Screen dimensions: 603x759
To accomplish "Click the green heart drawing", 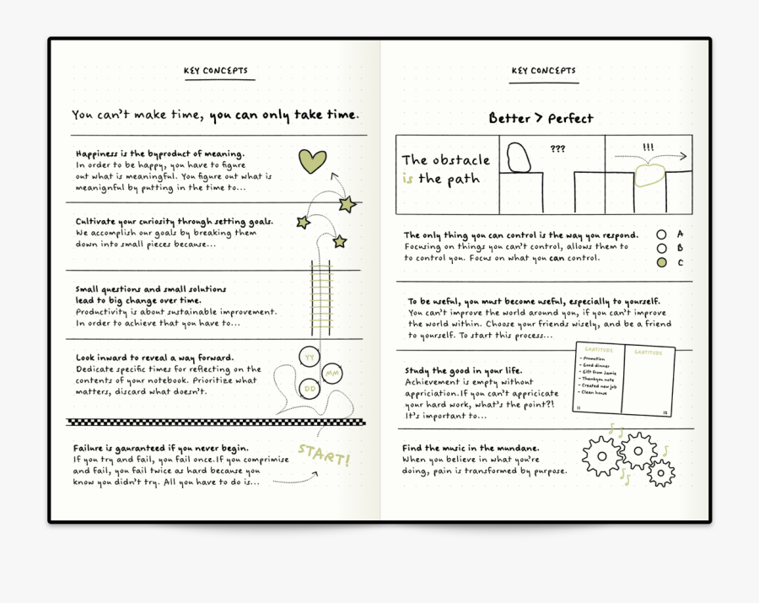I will [x=312, y=160].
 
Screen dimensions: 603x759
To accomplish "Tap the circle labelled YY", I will [x=310, y=358].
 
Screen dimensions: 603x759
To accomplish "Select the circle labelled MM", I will [x=332, y=373].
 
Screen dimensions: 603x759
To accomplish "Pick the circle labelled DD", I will [x=310, y=389].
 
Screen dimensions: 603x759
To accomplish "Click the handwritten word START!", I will [x=324, y=455].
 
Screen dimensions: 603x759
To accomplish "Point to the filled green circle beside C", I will [x=662, y=263].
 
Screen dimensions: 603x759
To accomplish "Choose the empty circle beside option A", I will [x=662, y=234].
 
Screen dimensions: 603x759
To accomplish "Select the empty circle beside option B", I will [x=662, y=249].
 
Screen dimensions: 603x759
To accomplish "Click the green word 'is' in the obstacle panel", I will [x=408, y=179].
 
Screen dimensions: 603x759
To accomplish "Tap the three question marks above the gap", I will [x=557, y=149].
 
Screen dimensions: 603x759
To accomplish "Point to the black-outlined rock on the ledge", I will [x=519, y=158].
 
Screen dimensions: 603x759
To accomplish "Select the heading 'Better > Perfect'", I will [x=541, y=119].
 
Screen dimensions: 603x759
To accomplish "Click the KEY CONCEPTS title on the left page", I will [x=216, y=72].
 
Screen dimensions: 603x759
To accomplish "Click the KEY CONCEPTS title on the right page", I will [x=543, y=72].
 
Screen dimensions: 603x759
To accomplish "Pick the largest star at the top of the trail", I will [x=347, y=204].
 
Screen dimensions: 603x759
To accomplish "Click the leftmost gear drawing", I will [x=601, y=456].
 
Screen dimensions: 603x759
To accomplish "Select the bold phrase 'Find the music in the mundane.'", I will [x=471, y=448].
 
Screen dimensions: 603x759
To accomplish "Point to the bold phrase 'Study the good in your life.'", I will [x=463, y=371].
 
